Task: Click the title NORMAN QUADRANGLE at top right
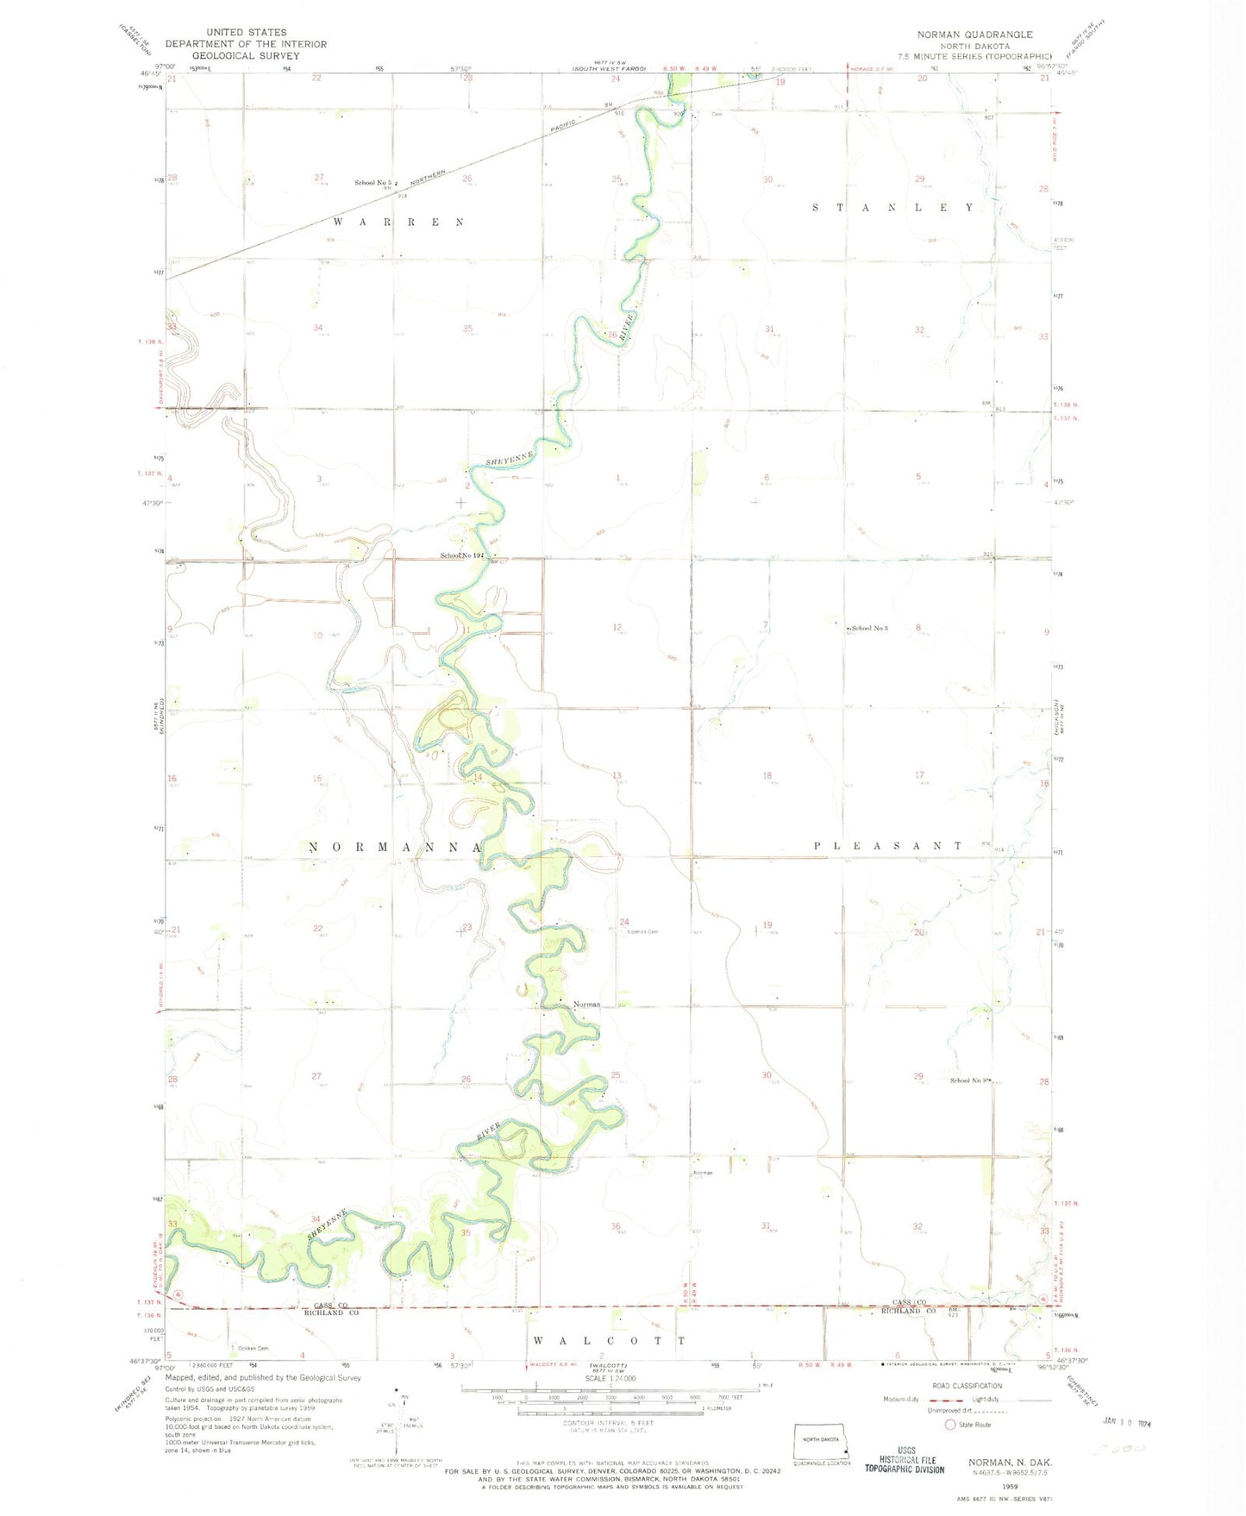[x=974, y=34]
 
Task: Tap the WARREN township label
[x=398, y=222]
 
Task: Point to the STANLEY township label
[x=894, y=208]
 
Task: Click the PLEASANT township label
[x=888, y=846]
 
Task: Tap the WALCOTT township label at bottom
[x=609, y=1341]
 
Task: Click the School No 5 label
[x=373, y=183]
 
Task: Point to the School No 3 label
[x=869, y=628]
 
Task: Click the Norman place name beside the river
[x=586, y=1005]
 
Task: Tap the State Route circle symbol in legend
[x=950, y=1425]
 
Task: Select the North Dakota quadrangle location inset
[x=822, y=1443]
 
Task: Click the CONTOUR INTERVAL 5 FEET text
[x=609, y=1423]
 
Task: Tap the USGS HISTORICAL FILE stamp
[x=906, y=1459]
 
